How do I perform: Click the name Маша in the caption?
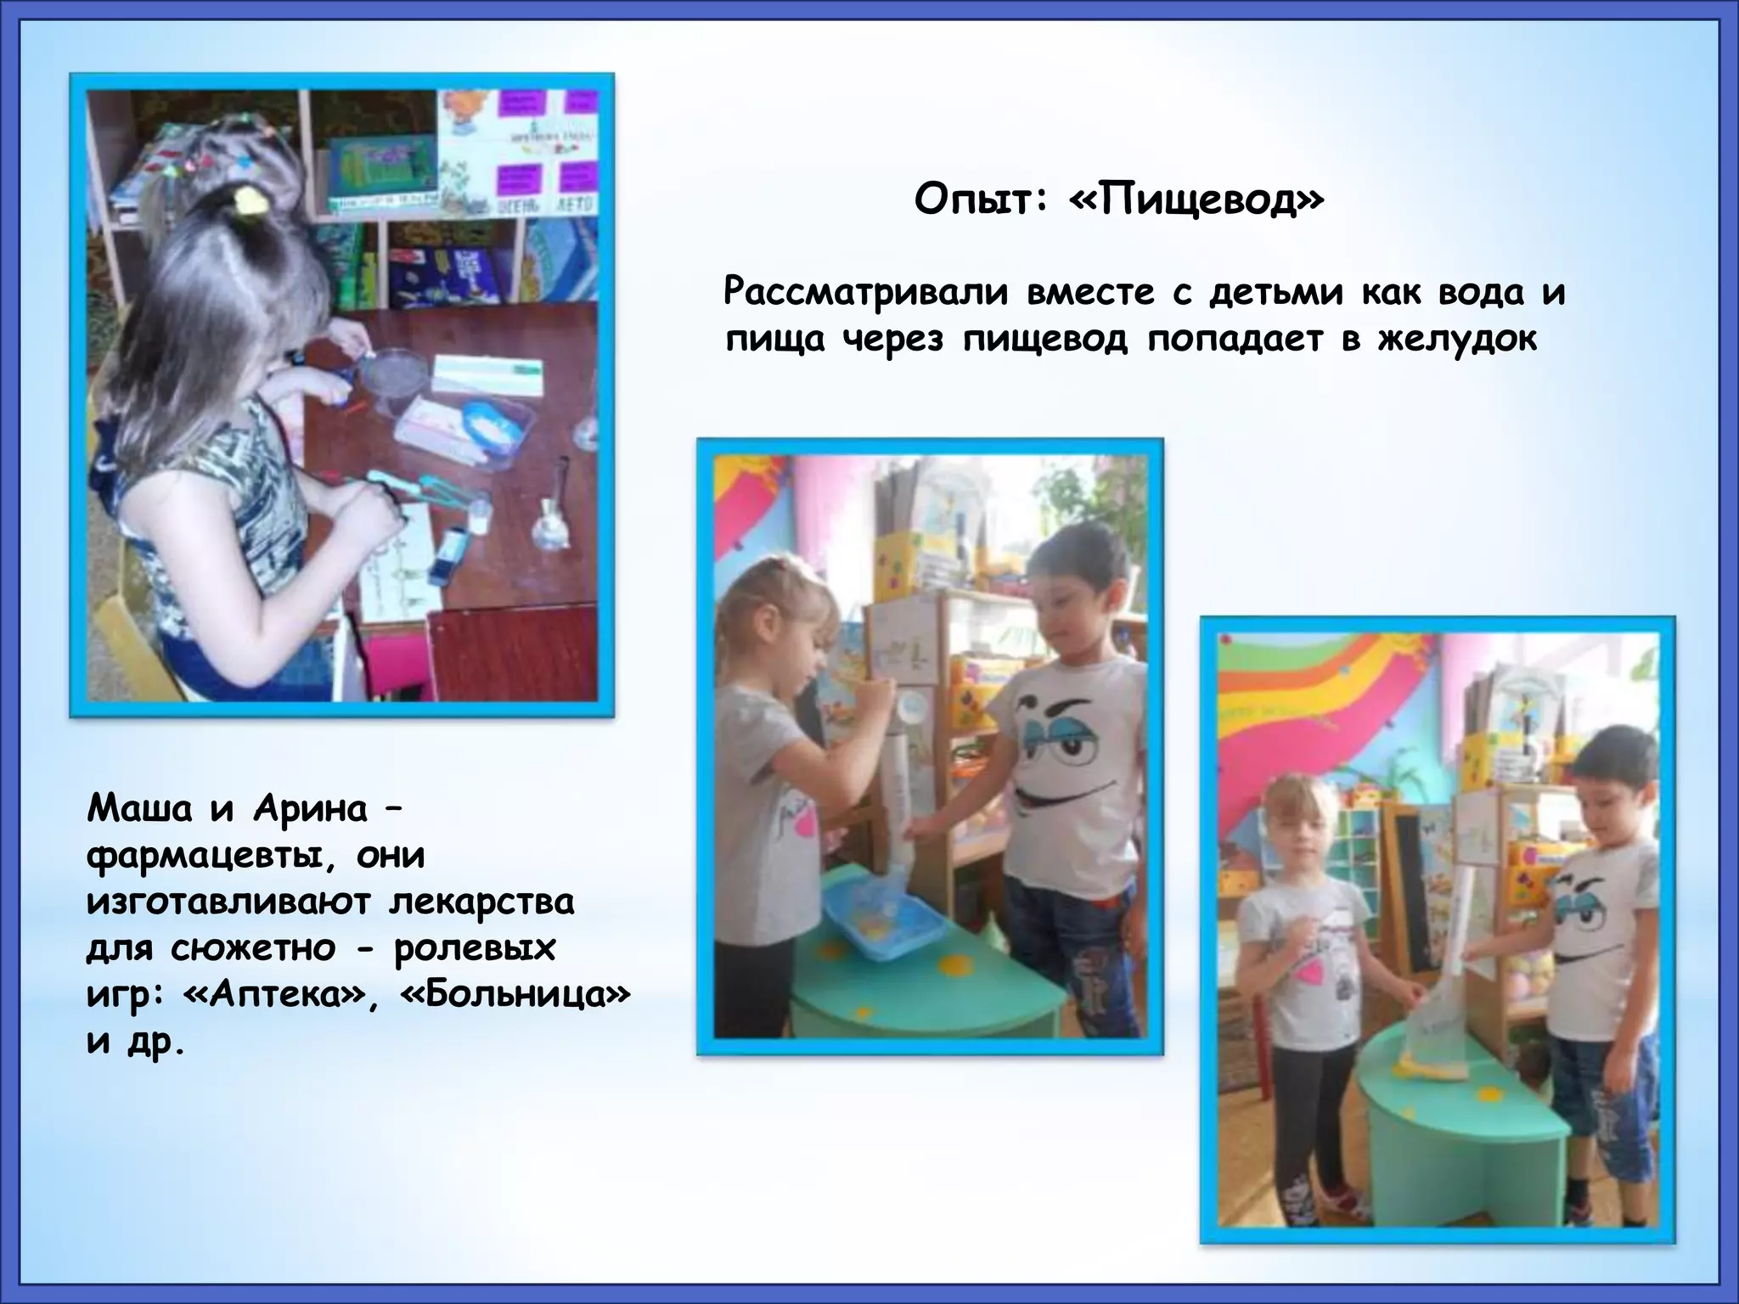pyautogui.click(x=139, y=809)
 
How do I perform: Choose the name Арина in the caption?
pyautogui.click(x=310, y=809)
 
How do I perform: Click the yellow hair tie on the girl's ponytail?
pyautogui.click(x=250, y=201)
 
